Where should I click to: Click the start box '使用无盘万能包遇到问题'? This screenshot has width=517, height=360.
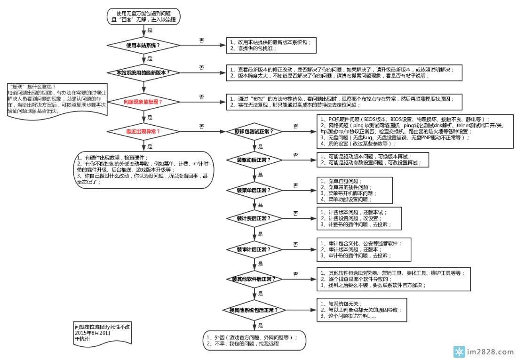(x=143, y=16)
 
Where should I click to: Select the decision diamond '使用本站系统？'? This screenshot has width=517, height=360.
(x=143, y=46)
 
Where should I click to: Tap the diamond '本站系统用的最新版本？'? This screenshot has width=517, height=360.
(x=143, y=73)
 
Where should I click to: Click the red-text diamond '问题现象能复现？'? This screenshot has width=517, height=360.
(x=143, y=102)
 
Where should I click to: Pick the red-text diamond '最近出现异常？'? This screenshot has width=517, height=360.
(x=143, y=131)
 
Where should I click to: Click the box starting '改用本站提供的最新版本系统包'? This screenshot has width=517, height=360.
(x=271, y=45)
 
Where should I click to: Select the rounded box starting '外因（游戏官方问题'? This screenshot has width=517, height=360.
(x=255, y=340)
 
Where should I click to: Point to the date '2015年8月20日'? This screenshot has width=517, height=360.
(x=93, y=333)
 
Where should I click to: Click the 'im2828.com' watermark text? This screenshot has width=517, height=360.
(x=489, y=352)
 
